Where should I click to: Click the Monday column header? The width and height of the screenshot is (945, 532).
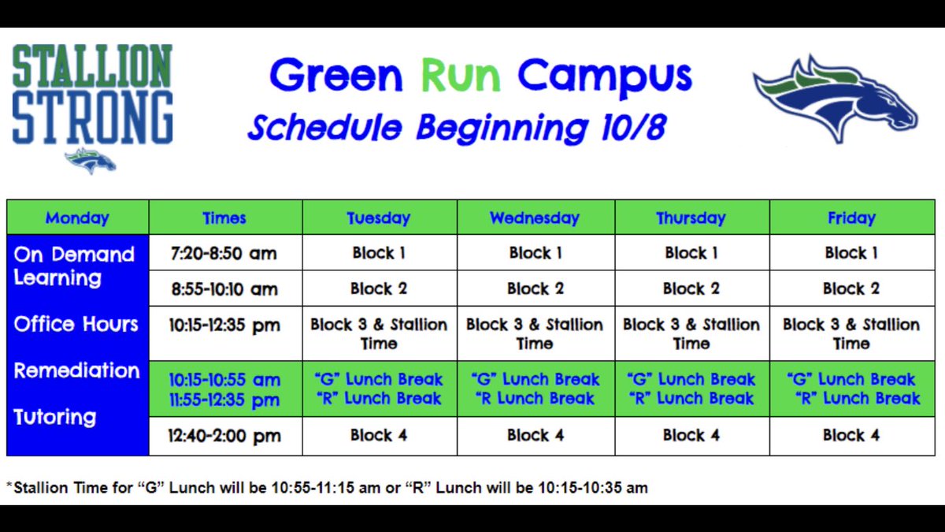pyautogui.click(x=77, y=218)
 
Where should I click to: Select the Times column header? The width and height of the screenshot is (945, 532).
pyautogui.click(x=224, y=218)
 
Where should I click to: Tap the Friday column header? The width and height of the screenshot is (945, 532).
pyautogui.click(x=851, y=218)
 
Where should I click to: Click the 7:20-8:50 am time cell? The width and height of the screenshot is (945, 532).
pyautogui.click(x=224, y=254)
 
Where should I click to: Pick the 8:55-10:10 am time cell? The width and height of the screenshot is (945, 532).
pyautogui.click(x=224, y=289)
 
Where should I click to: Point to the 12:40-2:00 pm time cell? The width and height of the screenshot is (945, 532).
pyautogui.click(x=224, y=436)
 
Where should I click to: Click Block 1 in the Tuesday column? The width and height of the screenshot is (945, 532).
pyautogui.click(x=379, y=253)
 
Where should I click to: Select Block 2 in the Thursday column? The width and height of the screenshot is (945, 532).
pyautogui.click(x=691, y=288)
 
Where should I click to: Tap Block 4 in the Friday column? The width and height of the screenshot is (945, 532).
pyautogui.click(x=851, y=435)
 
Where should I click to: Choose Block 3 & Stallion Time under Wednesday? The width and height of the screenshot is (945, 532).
pyautogui.click(x=535, y=333)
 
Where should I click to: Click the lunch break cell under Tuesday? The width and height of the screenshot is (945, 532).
pyautogui.click(x=379, y=389)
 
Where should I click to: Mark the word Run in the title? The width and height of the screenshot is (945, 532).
pyautogui.click(x=460, y=76)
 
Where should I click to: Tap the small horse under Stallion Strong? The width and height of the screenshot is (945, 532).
pyautogui.click(x=91, y=161)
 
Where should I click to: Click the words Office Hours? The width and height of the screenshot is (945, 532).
pyautogui.click(x=76, y=324)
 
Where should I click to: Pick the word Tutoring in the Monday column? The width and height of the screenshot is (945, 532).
pyautogui.click(x=54, y=417)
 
